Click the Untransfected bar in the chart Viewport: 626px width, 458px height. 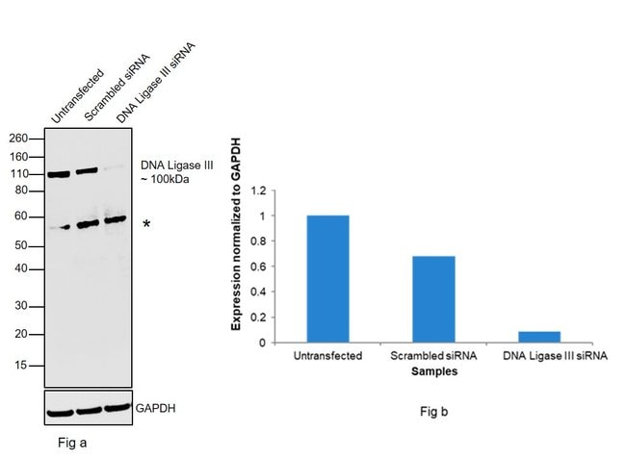(327, 279)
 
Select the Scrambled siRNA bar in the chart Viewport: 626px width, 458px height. (433, 299)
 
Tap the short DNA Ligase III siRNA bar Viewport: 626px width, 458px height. (539, 337)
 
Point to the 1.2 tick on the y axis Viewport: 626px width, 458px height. (258, 191)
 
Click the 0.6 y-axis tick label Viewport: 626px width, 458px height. (258, 267)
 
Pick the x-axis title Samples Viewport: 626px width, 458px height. (434, 371)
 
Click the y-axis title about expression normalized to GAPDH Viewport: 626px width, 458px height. (236, 234)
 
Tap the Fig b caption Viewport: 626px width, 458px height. (434, 411)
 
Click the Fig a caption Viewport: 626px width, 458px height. (72, 443)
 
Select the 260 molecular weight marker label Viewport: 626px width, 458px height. (18, 139)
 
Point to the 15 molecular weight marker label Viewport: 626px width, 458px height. (21, 365)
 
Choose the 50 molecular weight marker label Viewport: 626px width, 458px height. (21, 245)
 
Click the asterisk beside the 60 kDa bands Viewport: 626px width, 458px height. (146, 224)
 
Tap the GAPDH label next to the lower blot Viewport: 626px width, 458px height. (156, 409)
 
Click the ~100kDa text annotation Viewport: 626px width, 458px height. (165, 179)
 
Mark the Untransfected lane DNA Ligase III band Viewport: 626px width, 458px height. (59, 174)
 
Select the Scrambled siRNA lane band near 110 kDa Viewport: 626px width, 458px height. (87, 171)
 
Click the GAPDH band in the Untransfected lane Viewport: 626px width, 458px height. (60, 413)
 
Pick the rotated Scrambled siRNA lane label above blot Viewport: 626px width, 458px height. (117, 88)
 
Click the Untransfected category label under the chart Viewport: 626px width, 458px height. (327, 355)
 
